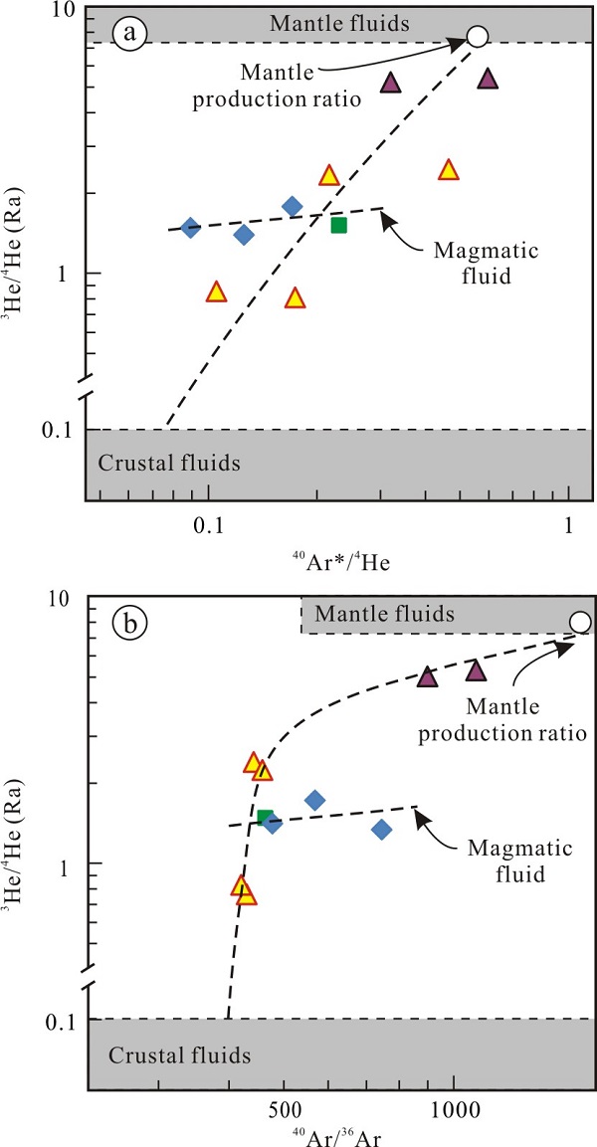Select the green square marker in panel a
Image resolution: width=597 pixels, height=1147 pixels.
[338, 225]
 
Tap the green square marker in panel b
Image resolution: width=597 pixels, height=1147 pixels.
[265, 818]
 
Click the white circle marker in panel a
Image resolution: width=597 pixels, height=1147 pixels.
[478, 37]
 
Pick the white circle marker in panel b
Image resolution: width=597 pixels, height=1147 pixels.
[580, 623]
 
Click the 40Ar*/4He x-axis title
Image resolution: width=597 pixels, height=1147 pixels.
[341, 563]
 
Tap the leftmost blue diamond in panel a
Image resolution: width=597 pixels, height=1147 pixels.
[191, 228]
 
